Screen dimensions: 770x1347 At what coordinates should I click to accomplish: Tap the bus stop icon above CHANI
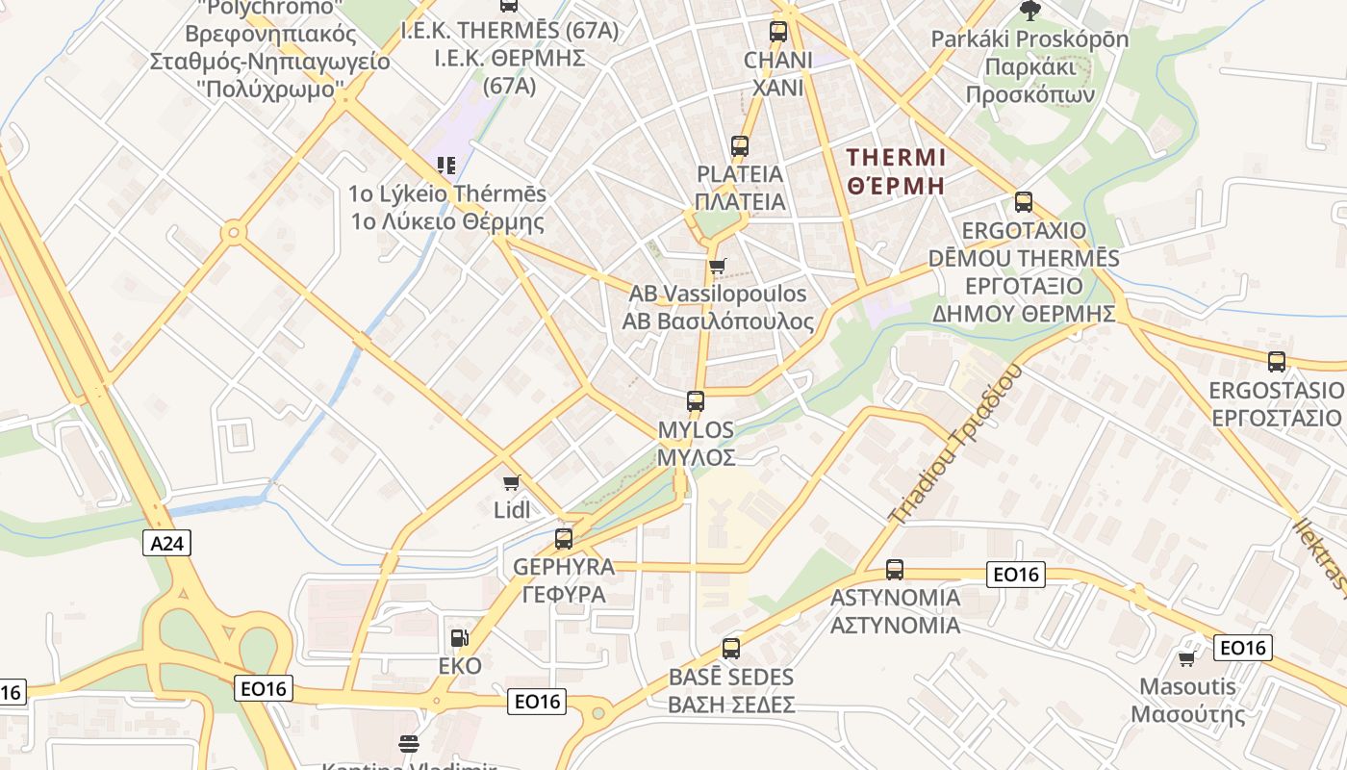[x=778, y=32]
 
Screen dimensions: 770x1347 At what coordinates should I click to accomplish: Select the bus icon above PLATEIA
[x=739, y=146]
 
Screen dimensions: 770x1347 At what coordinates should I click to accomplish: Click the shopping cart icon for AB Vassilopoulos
[x=717, y=266]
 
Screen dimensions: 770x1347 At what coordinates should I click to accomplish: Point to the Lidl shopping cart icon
[x=511, y=481]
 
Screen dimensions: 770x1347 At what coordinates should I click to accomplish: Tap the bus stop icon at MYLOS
[x=696, y=401]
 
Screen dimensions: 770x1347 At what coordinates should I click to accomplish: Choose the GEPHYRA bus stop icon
[x=564, y=539]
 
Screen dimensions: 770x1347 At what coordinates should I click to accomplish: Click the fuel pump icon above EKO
[x=459, y=638]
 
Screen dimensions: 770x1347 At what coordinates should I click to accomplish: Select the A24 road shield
[x=167, y=543]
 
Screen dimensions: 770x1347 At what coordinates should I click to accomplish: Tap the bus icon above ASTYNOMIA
[x=895, y=570]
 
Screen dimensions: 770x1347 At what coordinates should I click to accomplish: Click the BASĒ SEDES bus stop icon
[x=731, y=649]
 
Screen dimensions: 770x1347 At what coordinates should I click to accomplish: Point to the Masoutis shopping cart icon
[x=1186, y=659]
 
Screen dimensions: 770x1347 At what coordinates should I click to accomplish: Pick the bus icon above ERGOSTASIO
[x=1277, y=362]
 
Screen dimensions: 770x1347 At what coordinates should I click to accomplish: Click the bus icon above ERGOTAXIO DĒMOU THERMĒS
[x=1024, y=202]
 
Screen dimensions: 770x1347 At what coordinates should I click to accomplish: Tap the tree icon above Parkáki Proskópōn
[x=1029, y=11]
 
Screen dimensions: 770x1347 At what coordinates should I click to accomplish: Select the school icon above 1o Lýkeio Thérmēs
[x=445, y=166]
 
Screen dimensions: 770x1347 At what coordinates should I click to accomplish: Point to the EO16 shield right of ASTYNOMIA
[x=1016, y=575]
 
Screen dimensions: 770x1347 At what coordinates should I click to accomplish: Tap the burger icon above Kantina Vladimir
[x=409, y=743]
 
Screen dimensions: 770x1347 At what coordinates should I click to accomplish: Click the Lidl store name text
[x=511, y=510]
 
